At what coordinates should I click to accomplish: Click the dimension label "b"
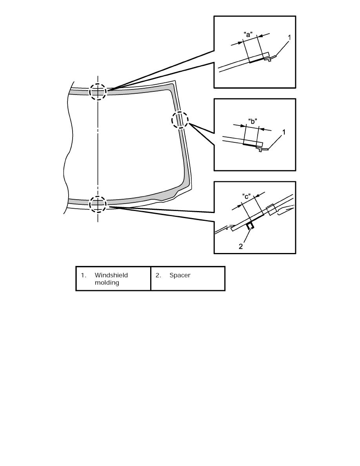(253, 121)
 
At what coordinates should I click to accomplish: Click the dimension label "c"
(246, 197)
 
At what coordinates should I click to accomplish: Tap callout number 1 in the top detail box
(289, 37)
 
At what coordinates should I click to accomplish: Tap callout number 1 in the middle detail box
(284, 132)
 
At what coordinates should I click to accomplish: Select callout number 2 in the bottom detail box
(241, 246)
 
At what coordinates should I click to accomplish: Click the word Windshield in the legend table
(111, 275)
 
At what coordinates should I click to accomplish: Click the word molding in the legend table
(107, 283)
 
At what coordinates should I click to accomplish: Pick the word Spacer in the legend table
(180, 275)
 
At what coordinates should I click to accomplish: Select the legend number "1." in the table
(84, 275)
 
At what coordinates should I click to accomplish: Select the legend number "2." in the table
(158, 275)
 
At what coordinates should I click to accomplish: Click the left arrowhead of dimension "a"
(241, 42)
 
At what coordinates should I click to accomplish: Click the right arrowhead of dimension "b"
(262, 129)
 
